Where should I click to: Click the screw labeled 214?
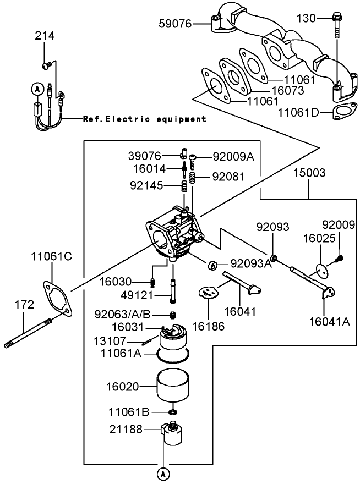[x=46, y=66]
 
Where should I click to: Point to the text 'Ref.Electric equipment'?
[x=144, y=118]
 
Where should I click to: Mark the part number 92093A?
[x=251, y=263]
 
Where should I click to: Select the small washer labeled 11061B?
[x=173, y=411]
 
